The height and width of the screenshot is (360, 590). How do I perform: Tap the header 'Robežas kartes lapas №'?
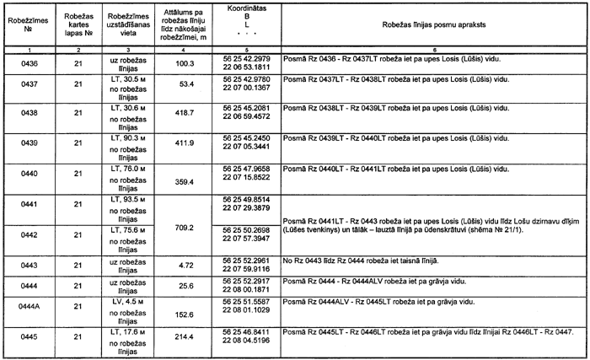[77, 27]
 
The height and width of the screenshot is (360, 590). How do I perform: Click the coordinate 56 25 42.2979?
[247, 59]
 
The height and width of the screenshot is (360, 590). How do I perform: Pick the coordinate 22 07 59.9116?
[247, 269]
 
